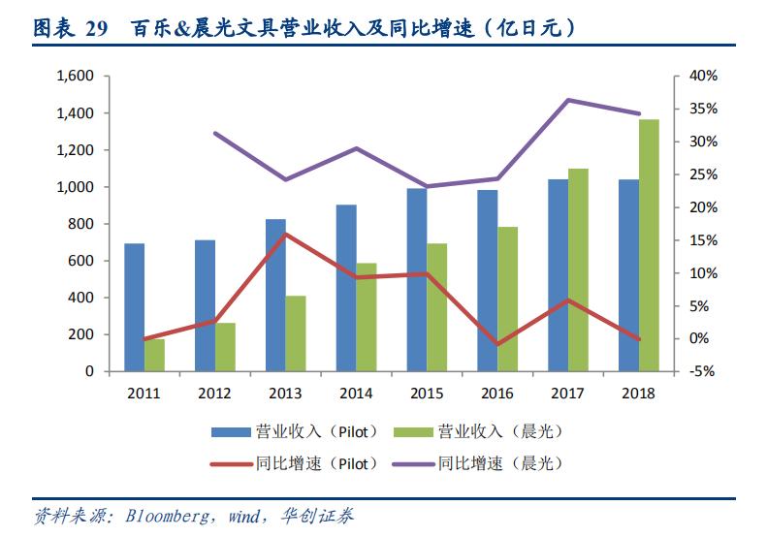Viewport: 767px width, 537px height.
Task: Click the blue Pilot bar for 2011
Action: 135,307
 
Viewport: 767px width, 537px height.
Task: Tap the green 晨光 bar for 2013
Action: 296,333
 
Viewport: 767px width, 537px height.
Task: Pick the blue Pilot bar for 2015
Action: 417,280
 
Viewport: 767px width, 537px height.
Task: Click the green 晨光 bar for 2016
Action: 507,300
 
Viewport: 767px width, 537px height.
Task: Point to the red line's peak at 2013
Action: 286,234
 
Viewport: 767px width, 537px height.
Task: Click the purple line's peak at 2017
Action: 568,100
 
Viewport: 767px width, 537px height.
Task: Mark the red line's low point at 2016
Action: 497,344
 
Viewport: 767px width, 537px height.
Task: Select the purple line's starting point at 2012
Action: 215,133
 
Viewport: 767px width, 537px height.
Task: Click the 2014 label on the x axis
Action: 356,394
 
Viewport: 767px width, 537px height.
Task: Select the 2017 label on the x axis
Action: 568,394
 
